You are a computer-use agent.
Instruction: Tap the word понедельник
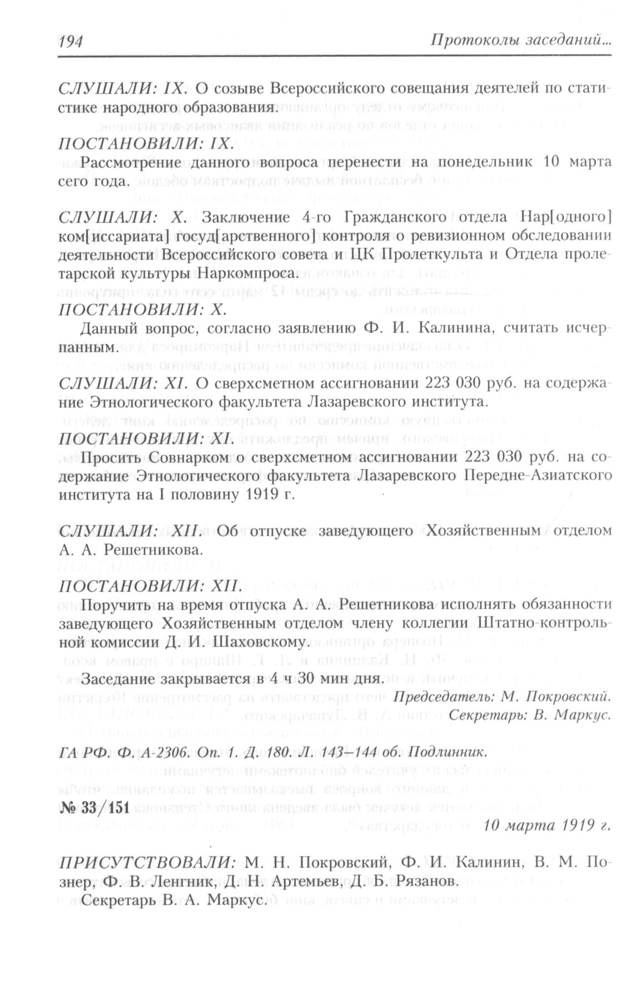click(x=485, y=162)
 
